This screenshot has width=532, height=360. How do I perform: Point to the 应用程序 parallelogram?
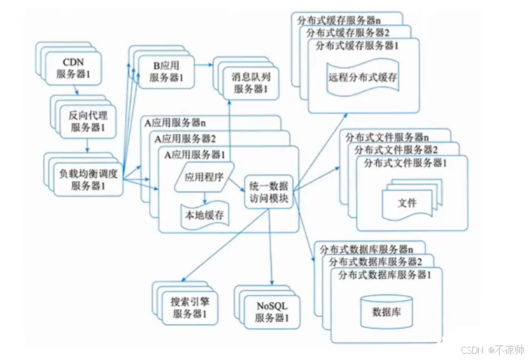[203, 179]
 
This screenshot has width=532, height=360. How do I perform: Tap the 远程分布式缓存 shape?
[363, 78]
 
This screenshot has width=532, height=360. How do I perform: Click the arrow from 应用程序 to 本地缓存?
[204, 197]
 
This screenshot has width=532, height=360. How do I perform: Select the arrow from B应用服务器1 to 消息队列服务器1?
[203, 65]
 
